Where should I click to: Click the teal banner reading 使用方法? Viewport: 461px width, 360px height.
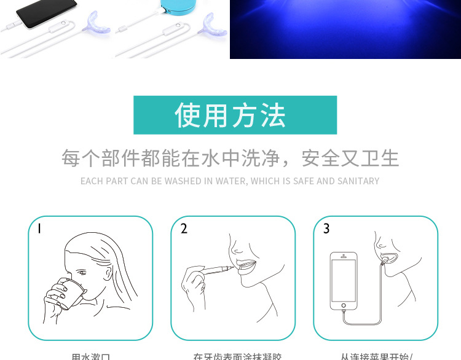pos(235,115)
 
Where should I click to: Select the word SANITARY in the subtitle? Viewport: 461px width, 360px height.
pos(357,181)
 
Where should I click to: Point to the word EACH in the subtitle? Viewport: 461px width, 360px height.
pos(92,181)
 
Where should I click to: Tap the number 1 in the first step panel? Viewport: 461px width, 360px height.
pos(39,229)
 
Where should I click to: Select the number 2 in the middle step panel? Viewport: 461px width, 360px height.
pos(184,229)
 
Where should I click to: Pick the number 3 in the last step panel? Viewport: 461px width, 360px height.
pos(326,229)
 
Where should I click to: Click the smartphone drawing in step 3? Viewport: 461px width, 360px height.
pos(344,280)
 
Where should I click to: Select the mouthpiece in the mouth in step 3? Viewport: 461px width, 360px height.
pos(389,256)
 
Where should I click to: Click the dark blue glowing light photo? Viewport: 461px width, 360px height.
pos(345,29)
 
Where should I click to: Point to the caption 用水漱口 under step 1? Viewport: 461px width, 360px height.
pos(90,356)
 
